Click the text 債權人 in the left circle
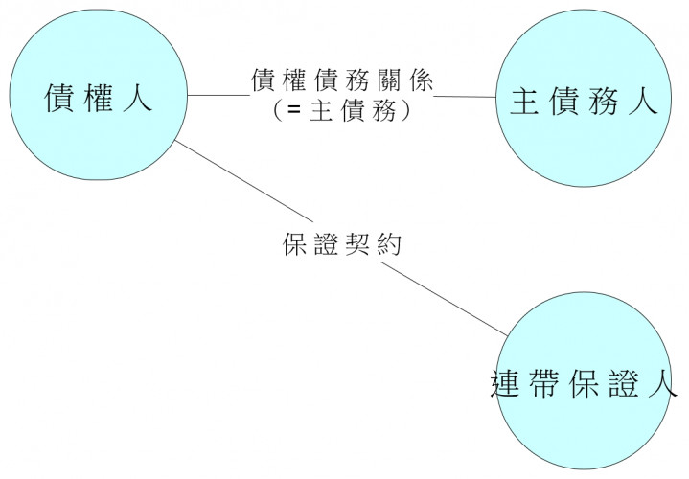(x=99, y=99)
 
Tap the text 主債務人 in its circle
(x=584, y=102)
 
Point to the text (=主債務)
(x=342, y=111)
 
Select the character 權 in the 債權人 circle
(x=99, y=99)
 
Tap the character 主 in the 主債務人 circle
(x=522, y=102)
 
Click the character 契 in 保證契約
(x=360, y=245)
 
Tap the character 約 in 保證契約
(x=389, y=245)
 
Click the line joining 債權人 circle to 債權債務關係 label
(x=217, y=95)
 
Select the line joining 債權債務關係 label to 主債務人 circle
(x=466, y=96)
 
